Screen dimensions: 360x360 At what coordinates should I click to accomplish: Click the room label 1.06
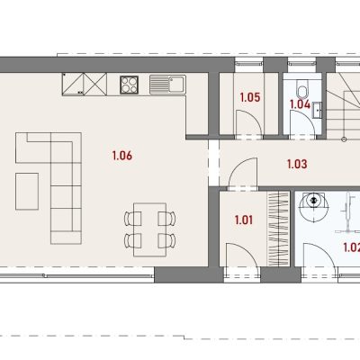pyautogui.click(x=122, y=156)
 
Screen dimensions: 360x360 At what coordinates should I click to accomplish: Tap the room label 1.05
pyautogui.click(x=250, y=97)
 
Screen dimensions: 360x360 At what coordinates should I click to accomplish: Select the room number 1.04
pyautogui.click(x=300, y=104)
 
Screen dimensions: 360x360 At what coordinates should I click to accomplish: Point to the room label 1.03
pyautogui.click(x=297, y=164)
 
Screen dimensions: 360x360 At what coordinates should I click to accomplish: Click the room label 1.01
pyautogui.click(x=244, y=220)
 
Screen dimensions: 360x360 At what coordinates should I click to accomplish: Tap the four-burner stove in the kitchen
pyautogui.click(x=130, y=85)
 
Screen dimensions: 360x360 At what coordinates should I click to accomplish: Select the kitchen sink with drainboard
pyautogui.click(x=167, y=85)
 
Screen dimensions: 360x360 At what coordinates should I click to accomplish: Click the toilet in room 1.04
pyautogui.click(x=301, y=87)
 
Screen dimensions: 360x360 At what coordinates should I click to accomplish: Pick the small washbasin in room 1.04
pyautogui.click(x=317, y=110)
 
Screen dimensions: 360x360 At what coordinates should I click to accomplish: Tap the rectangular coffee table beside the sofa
pyautogui.click(x=27, y=191)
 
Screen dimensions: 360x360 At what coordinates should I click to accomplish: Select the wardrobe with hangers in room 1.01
pyautogui.click(x=278, y=229)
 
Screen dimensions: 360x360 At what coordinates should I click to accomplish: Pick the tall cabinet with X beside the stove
pyautogui.click(x=95, y=85)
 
